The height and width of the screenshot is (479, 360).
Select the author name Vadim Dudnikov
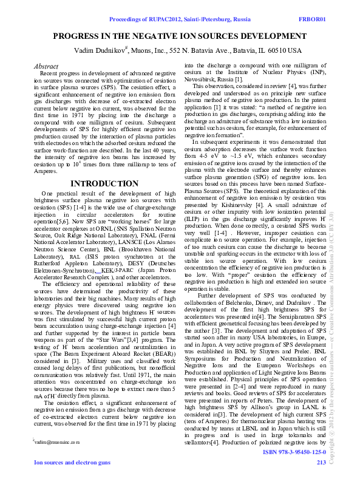[x=98, y=50]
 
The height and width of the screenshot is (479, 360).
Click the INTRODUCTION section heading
[x=104, y=183]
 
